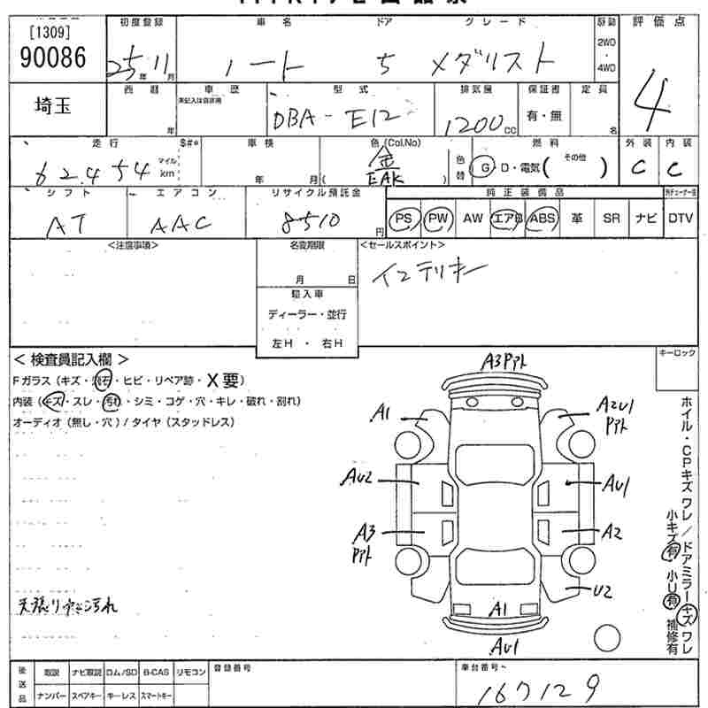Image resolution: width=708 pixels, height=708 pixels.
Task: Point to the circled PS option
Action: point(404,218)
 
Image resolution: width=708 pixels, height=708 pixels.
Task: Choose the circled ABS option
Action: point(542,218)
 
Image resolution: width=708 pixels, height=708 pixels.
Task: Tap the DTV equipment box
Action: point(681,218)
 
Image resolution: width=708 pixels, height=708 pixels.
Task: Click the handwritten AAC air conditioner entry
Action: point(184,222)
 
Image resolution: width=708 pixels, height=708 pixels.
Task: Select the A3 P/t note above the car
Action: point(506,361)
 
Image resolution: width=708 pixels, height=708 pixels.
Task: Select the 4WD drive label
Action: point(606,68)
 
